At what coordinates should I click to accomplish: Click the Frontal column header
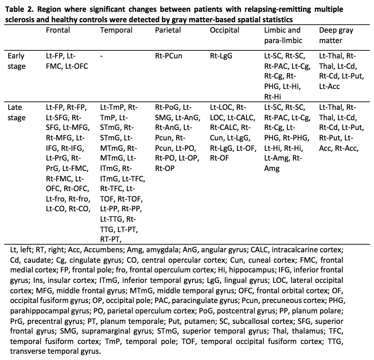(58, 30)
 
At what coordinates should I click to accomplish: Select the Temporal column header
(116, 30)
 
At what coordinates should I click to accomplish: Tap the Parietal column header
(168, 30)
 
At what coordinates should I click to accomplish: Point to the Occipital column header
(225, 30)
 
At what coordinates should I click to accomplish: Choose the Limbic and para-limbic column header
(282, 35)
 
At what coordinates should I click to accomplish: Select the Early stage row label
(16, 61)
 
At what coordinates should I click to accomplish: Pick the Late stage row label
(16, 112)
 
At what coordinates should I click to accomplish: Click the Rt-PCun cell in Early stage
(169, 56)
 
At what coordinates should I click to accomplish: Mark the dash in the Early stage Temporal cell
(101, 56)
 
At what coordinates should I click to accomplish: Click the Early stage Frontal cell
(67, 61)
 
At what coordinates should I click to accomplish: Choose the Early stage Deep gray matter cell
(341, 71)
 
